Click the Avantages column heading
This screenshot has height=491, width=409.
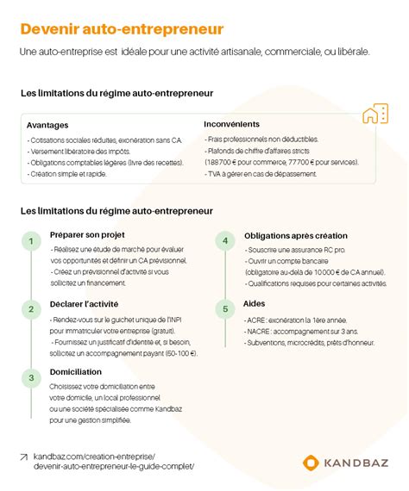click(47, 125)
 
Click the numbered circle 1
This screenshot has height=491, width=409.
click(31, 241)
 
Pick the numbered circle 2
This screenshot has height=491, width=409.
click(31, 308)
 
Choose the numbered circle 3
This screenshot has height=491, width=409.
click(31, 376)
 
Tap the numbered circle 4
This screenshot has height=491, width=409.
click(225, 241)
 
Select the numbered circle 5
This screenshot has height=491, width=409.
click(225, 308)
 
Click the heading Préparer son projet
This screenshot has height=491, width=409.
click(88, 234)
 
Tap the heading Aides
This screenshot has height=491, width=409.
click(255, 304)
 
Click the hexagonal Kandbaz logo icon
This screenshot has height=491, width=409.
click(311, 463)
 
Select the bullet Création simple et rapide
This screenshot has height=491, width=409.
click(68, 173)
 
